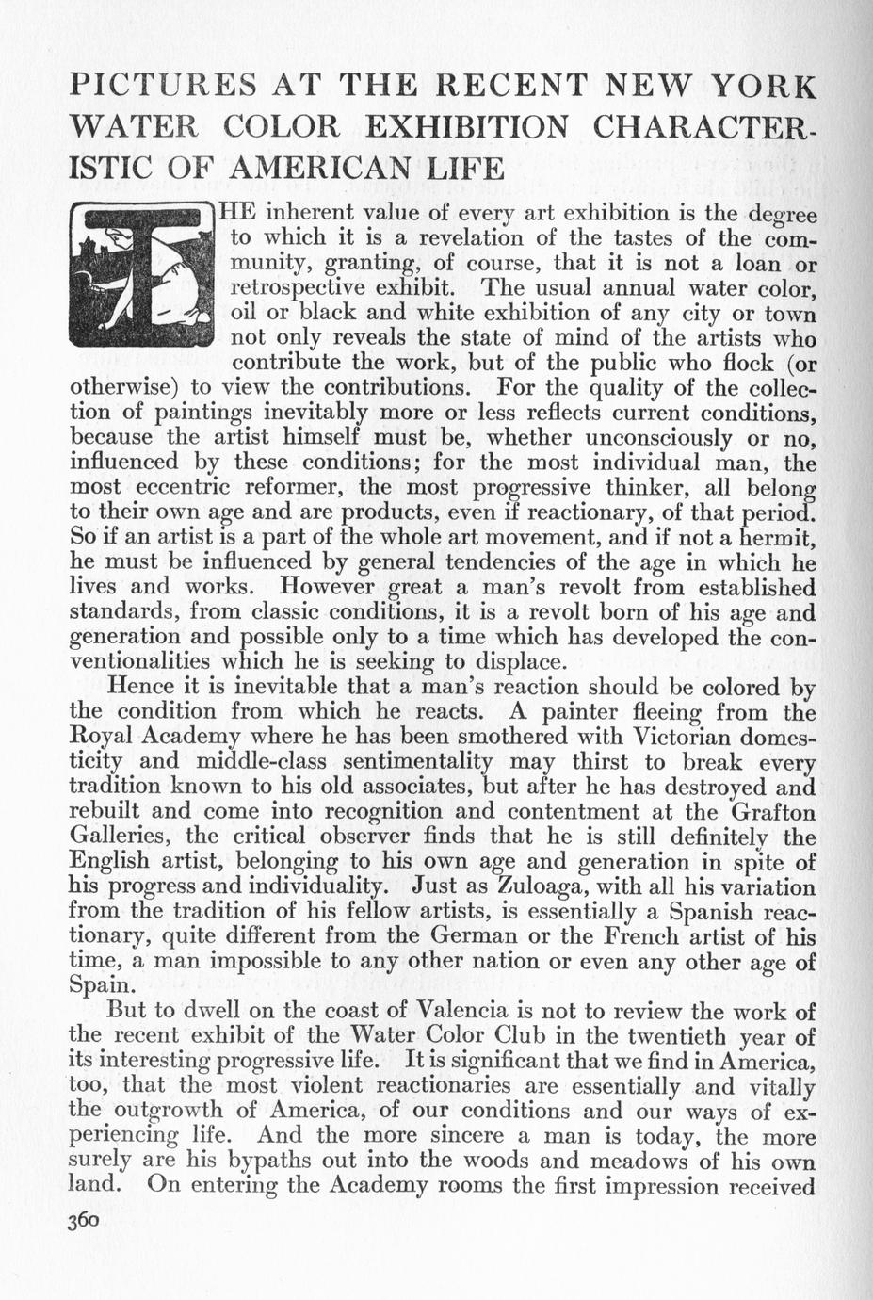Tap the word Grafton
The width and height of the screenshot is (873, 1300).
point(769,811)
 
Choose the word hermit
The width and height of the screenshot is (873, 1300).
point(766,539)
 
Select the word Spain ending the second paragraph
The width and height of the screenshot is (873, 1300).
point(99,985)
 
